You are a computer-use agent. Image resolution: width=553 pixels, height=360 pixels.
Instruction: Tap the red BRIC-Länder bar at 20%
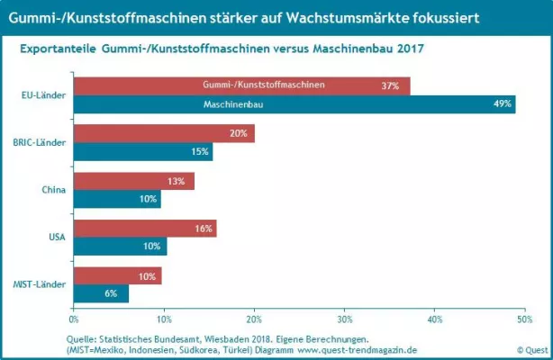[x=162, y=134]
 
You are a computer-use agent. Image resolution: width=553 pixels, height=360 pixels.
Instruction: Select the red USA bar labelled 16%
[x=144, y=229]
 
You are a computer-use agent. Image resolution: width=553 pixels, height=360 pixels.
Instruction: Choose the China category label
[x=52, y=190]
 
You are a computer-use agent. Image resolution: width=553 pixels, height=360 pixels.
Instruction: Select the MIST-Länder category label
[x=40, y=285]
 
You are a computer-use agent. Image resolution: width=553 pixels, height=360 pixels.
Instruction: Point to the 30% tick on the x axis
[x=345, y=318]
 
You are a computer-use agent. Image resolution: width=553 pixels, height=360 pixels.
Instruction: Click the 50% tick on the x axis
[x=525, y=318]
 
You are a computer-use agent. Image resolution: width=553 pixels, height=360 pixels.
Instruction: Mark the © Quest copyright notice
[x=531, y=349]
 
